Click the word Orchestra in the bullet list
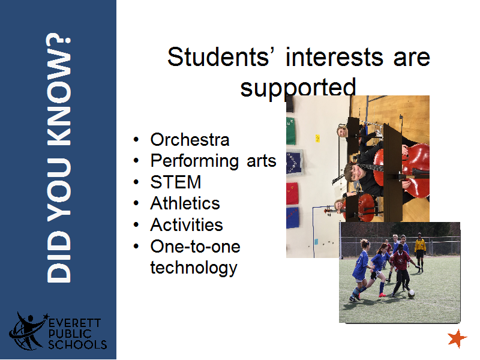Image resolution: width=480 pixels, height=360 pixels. pos(190,140)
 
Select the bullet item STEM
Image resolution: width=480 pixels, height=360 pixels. pos(176,182)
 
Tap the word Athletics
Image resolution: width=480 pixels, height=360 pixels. pos(185,203)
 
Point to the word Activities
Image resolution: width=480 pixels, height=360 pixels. pos(187,224)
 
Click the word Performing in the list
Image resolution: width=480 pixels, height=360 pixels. pos(194,161)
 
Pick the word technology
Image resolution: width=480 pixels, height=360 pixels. pos(194,268)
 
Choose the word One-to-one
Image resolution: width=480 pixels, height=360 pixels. pos(196,247)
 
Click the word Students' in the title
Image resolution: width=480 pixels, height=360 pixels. pos(218,57)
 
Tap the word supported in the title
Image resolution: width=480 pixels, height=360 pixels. pos(298,88)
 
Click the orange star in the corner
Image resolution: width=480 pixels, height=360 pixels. pos(457,338)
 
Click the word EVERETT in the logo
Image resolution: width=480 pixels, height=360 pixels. pos(74,323)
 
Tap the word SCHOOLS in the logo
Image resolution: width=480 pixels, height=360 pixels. pos(77,344)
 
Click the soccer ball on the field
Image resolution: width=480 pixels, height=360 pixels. pos(412,294)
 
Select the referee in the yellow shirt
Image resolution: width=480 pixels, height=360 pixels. pos(420,253)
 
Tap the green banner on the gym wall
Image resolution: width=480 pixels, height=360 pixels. pos(290,131)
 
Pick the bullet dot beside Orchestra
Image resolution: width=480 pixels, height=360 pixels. pos(136,140)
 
